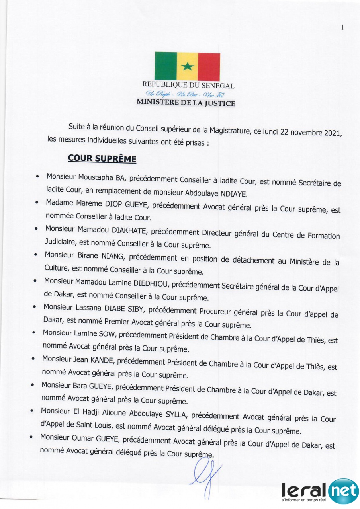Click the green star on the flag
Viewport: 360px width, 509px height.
187,66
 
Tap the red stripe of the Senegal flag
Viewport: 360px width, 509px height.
209,66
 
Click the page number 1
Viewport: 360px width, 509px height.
342,27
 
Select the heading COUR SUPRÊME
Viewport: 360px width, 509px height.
102,158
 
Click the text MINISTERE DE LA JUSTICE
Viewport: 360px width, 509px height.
186,103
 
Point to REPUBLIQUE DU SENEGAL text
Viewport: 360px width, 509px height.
188,85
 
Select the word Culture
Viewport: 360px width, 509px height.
54,269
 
